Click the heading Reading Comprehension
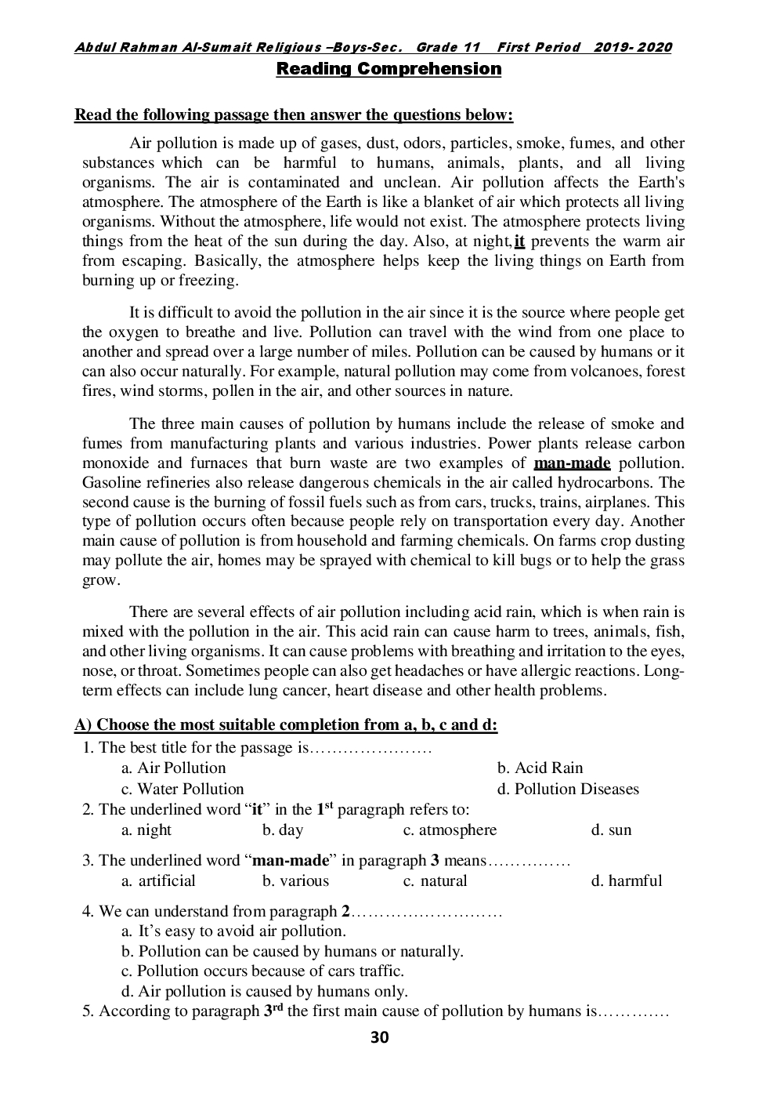coord(388,69)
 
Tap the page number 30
coord(379,1038)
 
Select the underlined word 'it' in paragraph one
coord(519,241)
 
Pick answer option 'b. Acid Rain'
coord(540,768)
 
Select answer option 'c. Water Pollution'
coord(183,789)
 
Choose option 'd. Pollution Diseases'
coord(567,789)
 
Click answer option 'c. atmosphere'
coord(450,830)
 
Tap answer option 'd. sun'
coord(611,830)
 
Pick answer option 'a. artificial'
coord(158,881)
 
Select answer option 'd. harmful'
coord(626,881)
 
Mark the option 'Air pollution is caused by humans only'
coord(265,992)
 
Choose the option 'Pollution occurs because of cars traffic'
coord(262,971)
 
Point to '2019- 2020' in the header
coord(632,47)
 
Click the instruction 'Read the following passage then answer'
coord(294,115)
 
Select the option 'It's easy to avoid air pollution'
coord(233,931)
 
